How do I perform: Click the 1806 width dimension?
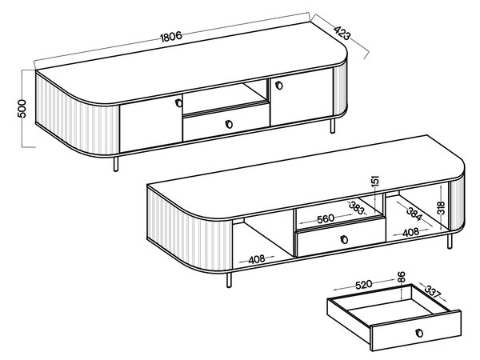[x=171, y=37]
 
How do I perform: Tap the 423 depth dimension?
[x=342, y=33]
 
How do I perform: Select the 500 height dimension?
[x=22, y=108]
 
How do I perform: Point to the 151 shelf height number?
[x=374, y=180]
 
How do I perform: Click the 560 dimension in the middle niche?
[x=326, y=219]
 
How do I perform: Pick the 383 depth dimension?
[x=358, y=208]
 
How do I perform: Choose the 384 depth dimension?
[x=414, y=214]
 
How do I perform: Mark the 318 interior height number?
[x=441, y=208]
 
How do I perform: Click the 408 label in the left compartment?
[x=257, y=259]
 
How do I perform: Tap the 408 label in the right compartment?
[x=410, y=232]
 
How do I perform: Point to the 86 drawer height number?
[x=401, y=277]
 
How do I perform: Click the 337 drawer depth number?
[x=432, y=291]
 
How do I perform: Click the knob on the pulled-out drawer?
[x=419, y=333]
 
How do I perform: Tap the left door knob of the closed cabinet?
[x=178, y=103]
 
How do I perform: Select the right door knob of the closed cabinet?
[x=279, y=86]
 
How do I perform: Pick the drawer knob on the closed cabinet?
[x=229, y=124]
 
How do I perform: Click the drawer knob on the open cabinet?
[x=344, y=239]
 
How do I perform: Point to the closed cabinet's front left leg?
[x=116, y=164]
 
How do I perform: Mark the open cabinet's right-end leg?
[x=450, y=242]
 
